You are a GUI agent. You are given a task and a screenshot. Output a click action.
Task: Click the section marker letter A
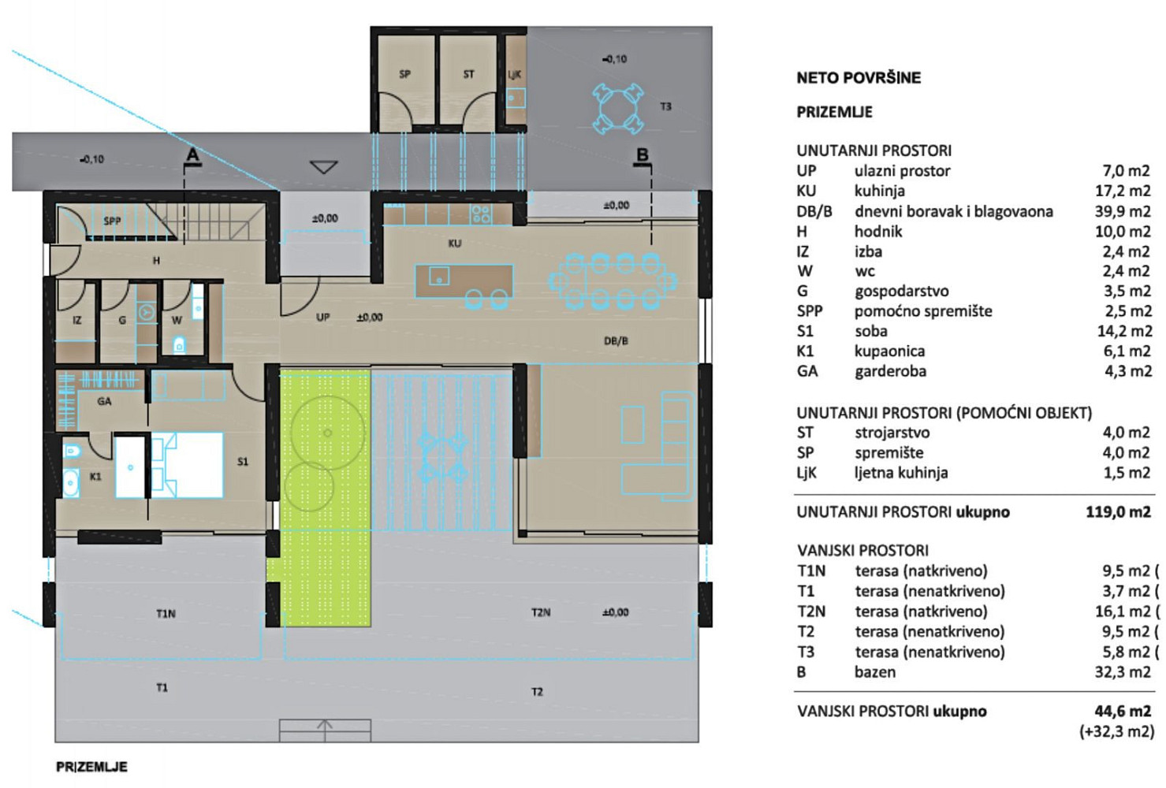[x=192, y=154]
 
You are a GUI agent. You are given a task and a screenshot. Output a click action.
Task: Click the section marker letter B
[x=643, y=154]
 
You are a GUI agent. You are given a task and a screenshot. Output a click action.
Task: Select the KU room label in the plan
[x=454, y=243]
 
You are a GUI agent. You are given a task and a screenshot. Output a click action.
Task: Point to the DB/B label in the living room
[x=616, y=340]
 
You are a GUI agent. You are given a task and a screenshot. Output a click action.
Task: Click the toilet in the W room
[x=179, y=344]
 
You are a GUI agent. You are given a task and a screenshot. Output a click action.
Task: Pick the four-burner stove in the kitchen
[x=481, y=214]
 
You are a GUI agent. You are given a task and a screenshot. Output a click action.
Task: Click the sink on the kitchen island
[x=439, y=276]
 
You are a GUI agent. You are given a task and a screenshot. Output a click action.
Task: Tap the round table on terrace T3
[x=617, y=108]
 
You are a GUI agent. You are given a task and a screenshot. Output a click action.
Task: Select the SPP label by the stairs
[x=112, y=221]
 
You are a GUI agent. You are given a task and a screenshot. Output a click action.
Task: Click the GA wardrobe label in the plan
[x=104, y=401]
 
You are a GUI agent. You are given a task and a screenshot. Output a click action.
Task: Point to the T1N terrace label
[x=166, y=614]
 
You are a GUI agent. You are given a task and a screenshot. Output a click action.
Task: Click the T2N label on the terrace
[x=541, y=612]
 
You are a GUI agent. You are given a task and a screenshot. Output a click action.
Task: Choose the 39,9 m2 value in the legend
[x=1123, y=211]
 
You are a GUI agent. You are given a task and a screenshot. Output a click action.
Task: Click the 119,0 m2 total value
[x=1118, y=512]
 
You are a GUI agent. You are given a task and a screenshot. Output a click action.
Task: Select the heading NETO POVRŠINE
[x=859, y=78]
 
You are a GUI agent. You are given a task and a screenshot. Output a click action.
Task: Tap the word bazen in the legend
[x=875, y=672]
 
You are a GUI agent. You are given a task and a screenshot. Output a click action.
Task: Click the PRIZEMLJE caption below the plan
[x=91, y=767]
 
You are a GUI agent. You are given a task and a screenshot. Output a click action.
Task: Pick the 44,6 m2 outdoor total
[x=1122, y=711]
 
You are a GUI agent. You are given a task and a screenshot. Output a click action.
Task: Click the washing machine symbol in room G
[x=147, y=313]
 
